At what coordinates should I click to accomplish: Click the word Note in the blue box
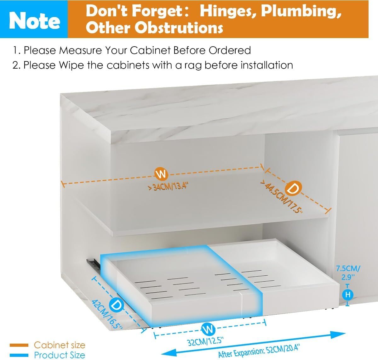coord(35,21)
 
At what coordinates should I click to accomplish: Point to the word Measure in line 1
coord(80,51)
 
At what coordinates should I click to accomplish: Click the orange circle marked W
coord(161,174)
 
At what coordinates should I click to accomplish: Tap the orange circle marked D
coord(293,188)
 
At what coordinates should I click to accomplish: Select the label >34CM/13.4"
coord(168,186)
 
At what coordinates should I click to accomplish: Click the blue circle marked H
coord(348,295)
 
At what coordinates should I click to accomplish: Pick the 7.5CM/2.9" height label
coord(348,273)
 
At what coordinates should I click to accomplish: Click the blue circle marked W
coord(208,329)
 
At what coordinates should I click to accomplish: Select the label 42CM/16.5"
coord(107,315)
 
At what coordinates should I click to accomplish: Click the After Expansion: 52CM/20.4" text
coord(259,351)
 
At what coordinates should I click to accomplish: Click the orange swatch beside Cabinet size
coord(19,345)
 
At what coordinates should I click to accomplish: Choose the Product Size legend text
coord(60,355)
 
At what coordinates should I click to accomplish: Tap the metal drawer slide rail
coord(94,264)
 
